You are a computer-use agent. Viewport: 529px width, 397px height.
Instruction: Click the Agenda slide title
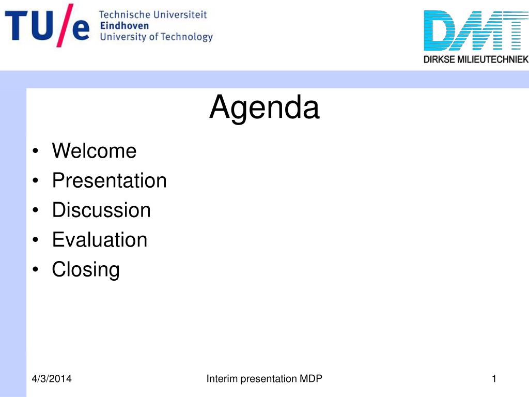coord(264,108)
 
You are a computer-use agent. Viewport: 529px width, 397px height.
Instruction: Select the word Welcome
coord(94,150)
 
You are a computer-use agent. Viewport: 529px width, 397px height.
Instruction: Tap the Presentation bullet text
coord(110,180)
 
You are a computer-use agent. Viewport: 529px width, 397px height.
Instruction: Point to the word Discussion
coord(101,210)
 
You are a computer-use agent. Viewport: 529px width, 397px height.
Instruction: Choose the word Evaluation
coord(100,240)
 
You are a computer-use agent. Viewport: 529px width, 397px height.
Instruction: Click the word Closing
coord(86,270)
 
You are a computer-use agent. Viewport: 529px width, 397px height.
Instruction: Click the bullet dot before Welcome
coord(36,151)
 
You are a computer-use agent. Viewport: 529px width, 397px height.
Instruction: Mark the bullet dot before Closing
coord(36,270)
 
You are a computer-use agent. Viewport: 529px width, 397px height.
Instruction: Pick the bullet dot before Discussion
coord(36,210)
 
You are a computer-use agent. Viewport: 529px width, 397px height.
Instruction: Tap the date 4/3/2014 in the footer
coord(52,379)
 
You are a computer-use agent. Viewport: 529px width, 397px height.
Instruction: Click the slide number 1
coord(494,379)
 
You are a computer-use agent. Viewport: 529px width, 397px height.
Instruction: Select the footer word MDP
coord(310,379)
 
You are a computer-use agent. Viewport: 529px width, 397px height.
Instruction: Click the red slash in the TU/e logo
coord(65,25)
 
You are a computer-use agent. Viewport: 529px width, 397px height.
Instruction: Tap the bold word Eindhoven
coord(125,26)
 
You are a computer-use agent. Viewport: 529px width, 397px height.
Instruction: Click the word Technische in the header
coord(125,15)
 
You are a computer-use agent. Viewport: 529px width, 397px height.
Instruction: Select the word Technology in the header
coord(186,37)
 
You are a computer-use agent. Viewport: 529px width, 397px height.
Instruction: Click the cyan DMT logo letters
coord(476,30)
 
